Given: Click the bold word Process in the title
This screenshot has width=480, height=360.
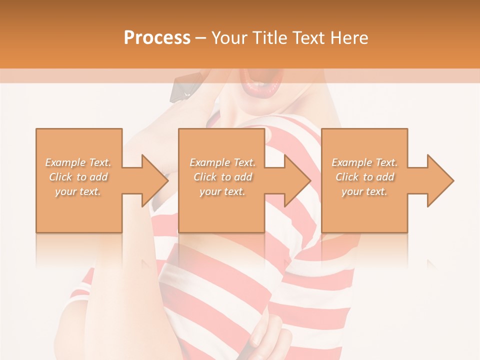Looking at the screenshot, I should pos(157,38).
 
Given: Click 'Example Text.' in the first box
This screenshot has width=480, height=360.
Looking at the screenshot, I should pos(78,162).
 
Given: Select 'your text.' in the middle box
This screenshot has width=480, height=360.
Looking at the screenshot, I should pos(222,191).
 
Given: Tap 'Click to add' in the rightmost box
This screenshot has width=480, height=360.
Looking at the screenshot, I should pos(365,177).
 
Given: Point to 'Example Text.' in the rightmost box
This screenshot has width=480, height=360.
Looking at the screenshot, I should pos(364,162).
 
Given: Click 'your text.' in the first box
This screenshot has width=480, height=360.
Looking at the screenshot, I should pos(78,191).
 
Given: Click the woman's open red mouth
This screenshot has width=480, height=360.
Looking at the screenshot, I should pos(262,82).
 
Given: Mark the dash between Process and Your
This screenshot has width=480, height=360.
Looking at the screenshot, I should pos(201,38).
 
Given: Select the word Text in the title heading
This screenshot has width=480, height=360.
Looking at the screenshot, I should pos(306,38).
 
